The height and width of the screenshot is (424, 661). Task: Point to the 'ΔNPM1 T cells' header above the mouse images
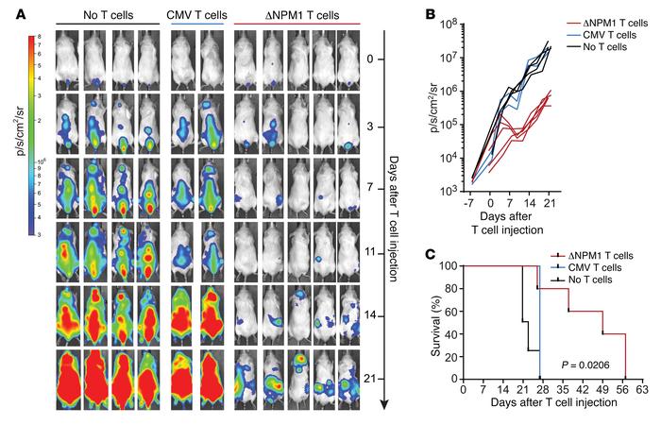291,12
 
